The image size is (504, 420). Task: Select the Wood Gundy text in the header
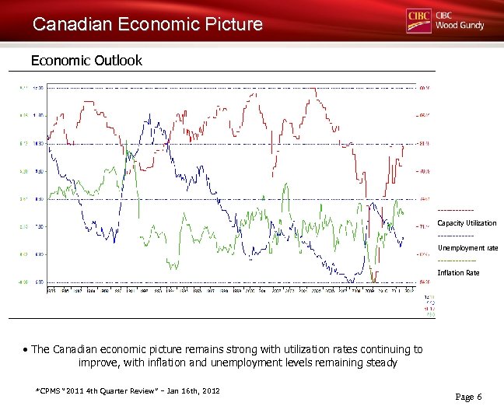460,26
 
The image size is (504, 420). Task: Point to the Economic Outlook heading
86,60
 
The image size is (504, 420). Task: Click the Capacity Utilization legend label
467,223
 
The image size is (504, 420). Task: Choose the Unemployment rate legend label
467,248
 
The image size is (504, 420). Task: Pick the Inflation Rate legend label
458,273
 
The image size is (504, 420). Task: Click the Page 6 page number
468,397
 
